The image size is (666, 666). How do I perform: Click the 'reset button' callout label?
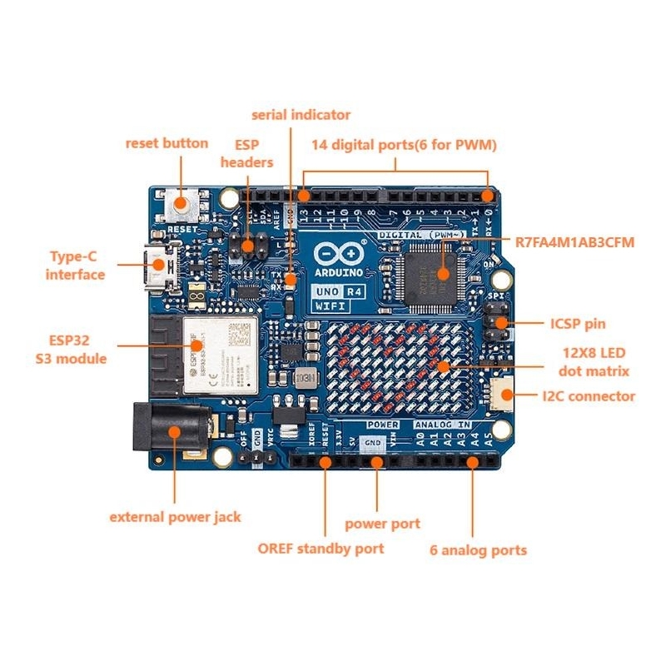pos(166,143)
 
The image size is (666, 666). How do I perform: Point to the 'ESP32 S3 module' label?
pos(71,349)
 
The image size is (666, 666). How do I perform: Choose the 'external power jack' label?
pos(175,517)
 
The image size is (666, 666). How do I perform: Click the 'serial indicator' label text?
pos(301,115)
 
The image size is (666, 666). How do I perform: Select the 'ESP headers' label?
pos(246,152)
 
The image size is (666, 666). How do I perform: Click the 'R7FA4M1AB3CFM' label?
pos(574,242)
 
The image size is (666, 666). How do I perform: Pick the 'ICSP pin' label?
pos(578,324)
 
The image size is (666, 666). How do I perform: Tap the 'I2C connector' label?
pos(588,396)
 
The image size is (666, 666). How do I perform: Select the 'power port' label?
pos(382,524)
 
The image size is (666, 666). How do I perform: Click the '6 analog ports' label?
pos(478,549)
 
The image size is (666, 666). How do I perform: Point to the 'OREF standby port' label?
pos(321,549)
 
